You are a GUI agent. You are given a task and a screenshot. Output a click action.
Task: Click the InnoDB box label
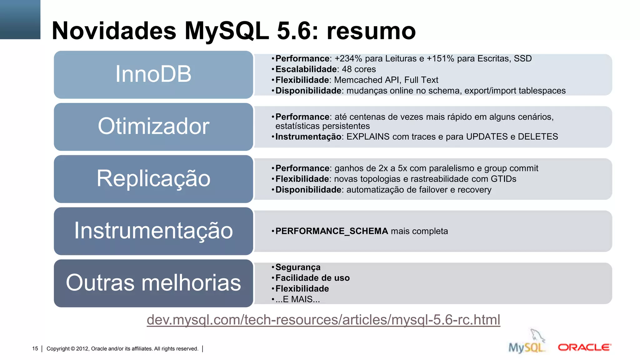pyautogui.click(x=153, y=74)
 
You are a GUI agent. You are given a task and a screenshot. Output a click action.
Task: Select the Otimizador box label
pyautogui.click(x=153, y=126)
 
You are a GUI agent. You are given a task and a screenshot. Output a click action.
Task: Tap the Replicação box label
pyautogui.click(x=153, y=178)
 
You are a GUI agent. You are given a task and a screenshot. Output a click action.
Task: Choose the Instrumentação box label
pyautogui.click(x=153, y=231)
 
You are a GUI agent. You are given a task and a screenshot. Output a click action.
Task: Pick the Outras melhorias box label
pyautogui.click(x=153, y=283)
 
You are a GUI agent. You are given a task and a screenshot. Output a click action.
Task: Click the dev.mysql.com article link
pyautogui.click(x=323, y=320)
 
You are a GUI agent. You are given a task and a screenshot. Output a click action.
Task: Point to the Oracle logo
pyautogui.click(x=584, y=347)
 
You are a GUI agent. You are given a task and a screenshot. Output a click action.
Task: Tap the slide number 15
pyautogui.click(x=35, y=349)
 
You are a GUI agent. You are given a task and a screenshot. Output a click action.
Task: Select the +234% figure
pyautogui.click(x=348, y=58)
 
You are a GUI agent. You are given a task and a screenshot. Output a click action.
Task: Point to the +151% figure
pyautogui.click(x=440, y=58)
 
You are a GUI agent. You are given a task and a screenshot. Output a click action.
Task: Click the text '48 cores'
pyautogui.click(x=359, y=69)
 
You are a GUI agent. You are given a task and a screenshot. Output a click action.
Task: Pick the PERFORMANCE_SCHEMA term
pyautogui.click(x=332, y=231)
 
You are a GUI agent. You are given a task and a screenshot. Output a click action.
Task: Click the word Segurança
pyautogui.click(x=298, y=267)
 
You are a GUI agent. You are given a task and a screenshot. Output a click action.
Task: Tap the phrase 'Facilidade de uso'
pyautogui.click(x=312, y=278)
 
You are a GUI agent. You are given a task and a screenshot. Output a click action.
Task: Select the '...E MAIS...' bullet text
pyautogui.click(x=297, y=299)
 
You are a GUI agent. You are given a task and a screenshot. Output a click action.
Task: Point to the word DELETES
pyautogui.click(x=538, y=137)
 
